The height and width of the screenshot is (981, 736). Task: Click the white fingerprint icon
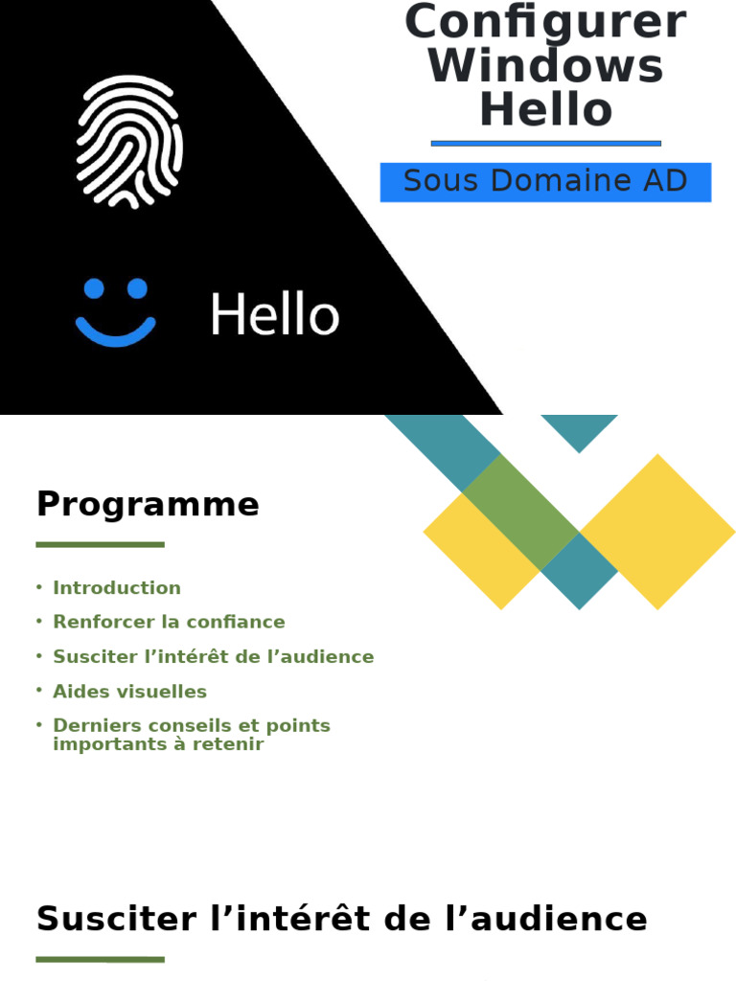128,142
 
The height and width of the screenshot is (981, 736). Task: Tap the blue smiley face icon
115,312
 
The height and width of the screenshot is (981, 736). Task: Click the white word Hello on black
274,315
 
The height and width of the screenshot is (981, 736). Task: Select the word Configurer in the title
545,21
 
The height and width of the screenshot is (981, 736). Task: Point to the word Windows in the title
545,66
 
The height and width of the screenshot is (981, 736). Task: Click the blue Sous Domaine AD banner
545,182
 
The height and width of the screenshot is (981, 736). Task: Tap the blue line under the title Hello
545,144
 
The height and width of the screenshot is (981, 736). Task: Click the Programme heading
148,504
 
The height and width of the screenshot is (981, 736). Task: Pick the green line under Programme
100,544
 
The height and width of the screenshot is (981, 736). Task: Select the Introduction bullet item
116,588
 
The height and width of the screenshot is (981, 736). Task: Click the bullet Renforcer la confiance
169,622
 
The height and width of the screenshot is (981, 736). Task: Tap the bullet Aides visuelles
129,691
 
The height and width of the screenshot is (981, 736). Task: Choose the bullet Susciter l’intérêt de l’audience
213,656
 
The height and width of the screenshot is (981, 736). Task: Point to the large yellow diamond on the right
657,532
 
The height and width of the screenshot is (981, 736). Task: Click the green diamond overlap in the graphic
520,512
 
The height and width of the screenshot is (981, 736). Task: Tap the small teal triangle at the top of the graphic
579,428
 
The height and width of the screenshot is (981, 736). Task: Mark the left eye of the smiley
94,288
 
